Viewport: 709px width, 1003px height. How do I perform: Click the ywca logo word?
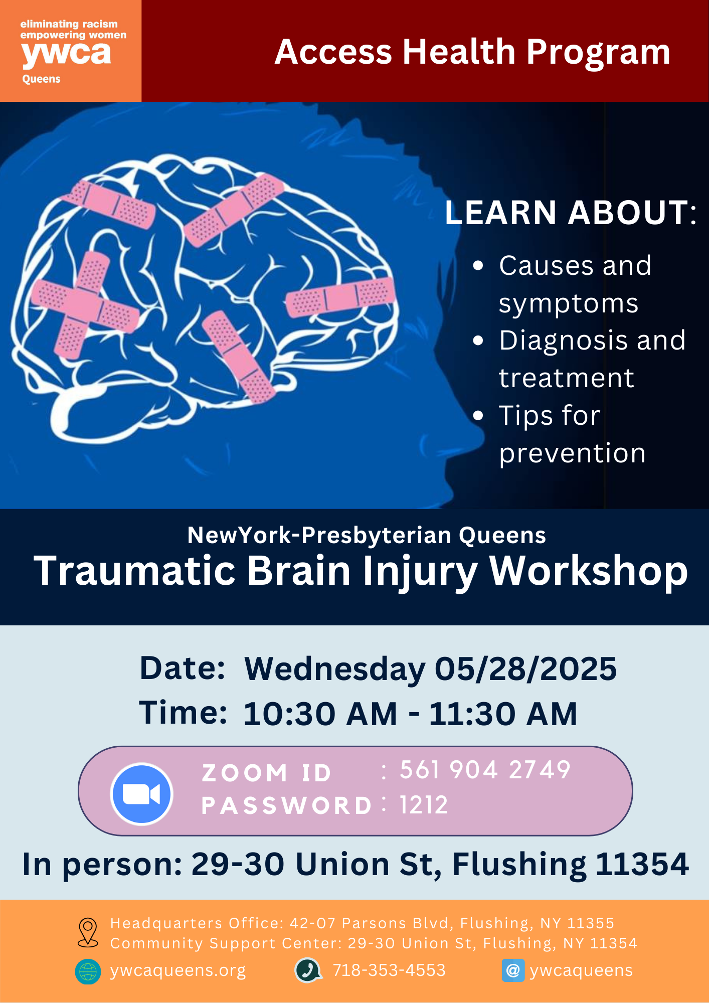tap(66, 54)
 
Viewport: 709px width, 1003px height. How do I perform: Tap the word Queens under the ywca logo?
tap(41, 79)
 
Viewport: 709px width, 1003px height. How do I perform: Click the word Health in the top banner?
tap(459, 52)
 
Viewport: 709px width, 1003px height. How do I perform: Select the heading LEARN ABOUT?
tap(571, 212)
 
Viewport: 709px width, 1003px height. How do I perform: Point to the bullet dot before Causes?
tap(478, 265)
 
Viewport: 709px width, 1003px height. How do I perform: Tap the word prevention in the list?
tap(572, 453)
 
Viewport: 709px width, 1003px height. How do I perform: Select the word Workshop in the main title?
tap(588, 571)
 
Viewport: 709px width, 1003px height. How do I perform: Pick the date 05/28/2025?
tap(525, 668)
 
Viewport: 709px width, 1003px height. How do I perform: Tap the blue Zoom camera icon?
tap(142, 794)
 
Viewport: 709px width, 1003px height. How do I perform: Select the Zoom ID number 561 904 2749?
tap(485, 770)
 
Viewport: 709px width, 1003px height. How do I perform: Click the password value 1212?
tap(423, 805)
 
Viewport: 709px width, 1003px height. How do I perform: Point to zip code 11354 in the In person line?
tap(642, 864)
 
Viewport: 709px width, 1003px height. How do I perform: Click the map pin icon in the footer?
tap(88, 932)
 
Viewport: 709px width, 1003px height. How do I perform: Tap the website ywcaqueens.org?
tap(178, 970)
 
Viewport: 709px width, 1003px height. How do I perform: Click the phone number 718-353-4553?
tap(389, 970)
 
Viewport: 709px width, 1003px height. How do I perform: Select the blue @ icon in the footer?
tap(513, 970)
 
